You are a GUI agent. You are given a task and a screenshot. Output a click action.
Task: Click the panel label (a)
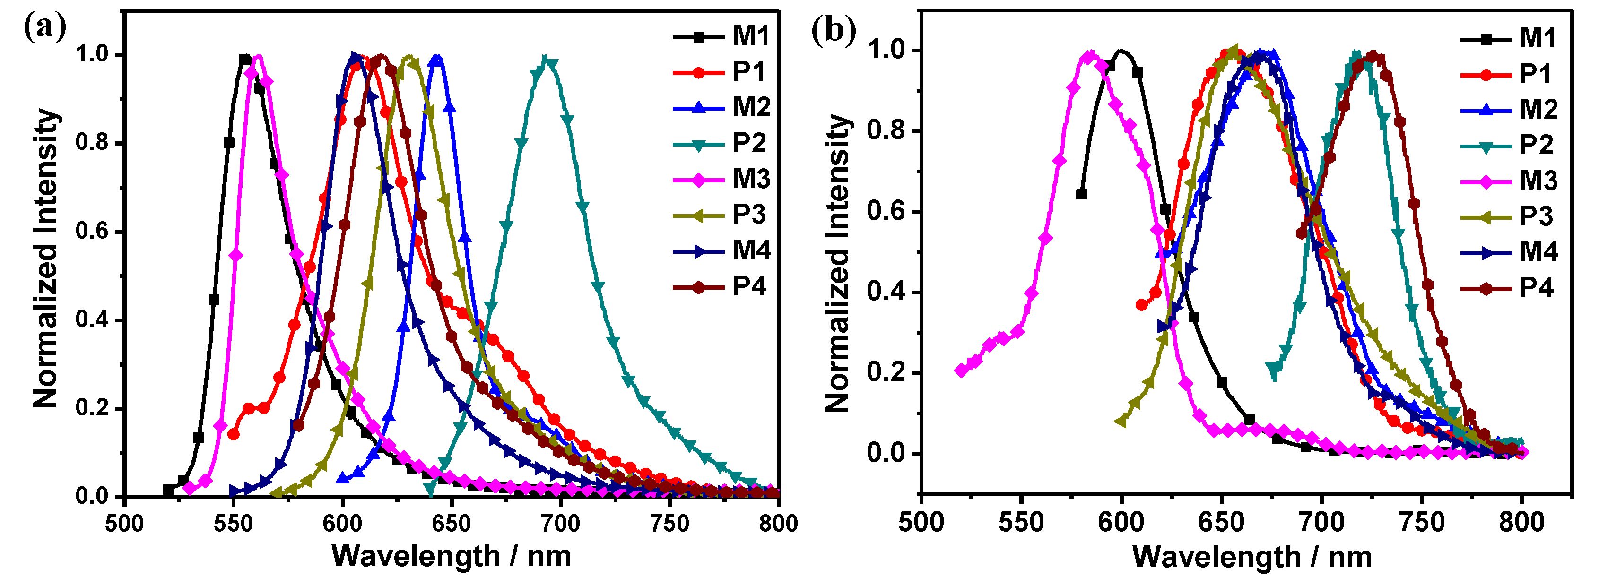[45, 28]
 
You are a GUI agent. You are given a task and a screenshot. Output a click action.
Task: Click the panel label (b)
[834, 30]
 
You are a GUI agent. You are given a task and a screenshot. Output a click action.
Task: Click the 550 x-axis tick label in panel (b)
[1021, 522]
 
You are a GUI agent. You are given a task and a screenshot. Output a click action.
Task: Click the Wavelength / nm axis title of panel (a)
[451, 556]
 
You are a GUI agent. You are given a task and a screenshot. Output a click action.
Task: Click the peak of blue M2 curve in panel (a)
[438, 58]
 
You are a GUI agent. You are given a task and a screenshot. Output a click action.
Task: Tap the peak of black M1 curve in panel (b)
[1121, 51]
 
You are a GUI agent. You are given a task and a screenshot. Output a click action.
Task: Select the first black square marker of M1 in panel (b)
[1081, 194]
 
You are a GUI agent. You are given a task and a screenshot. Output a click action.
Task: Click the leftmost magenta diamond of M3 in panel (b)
[961, 371]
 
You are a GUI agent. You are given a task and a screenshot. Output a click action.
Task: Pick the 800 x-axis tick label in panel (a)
[778, 523]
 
